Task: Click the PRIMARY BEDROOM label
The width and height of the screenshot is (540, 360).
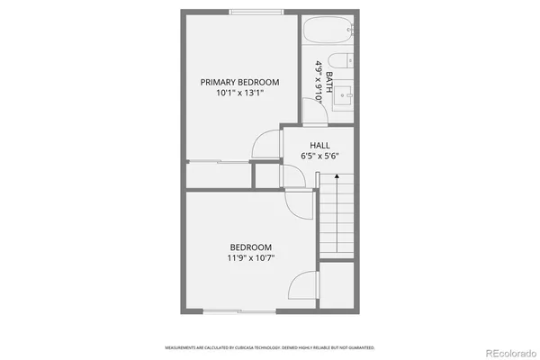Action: click(239, 82)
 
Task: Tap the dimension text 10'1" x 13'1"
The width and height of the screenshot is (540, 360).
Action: click(239, 93)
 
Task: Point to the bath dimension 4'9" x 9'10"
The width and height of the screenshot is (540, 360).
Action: click(319, 83)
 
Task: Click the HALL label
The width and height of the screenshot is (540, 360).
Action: click(319, 145)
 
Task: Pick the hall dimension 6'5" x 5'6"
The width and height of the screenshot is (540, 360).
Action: click(319, 156)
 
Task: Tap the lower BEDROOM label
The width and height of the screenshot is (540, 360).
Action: click(250, 247)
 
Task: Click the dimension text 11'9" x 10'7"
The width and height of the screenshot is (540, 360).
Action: click(250, 258)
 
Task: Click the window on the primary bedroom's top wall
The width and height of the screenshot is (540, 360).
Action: click(256, 12)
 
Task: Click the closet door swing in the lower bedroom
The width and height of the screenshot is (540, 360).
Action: click(301, 288)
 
